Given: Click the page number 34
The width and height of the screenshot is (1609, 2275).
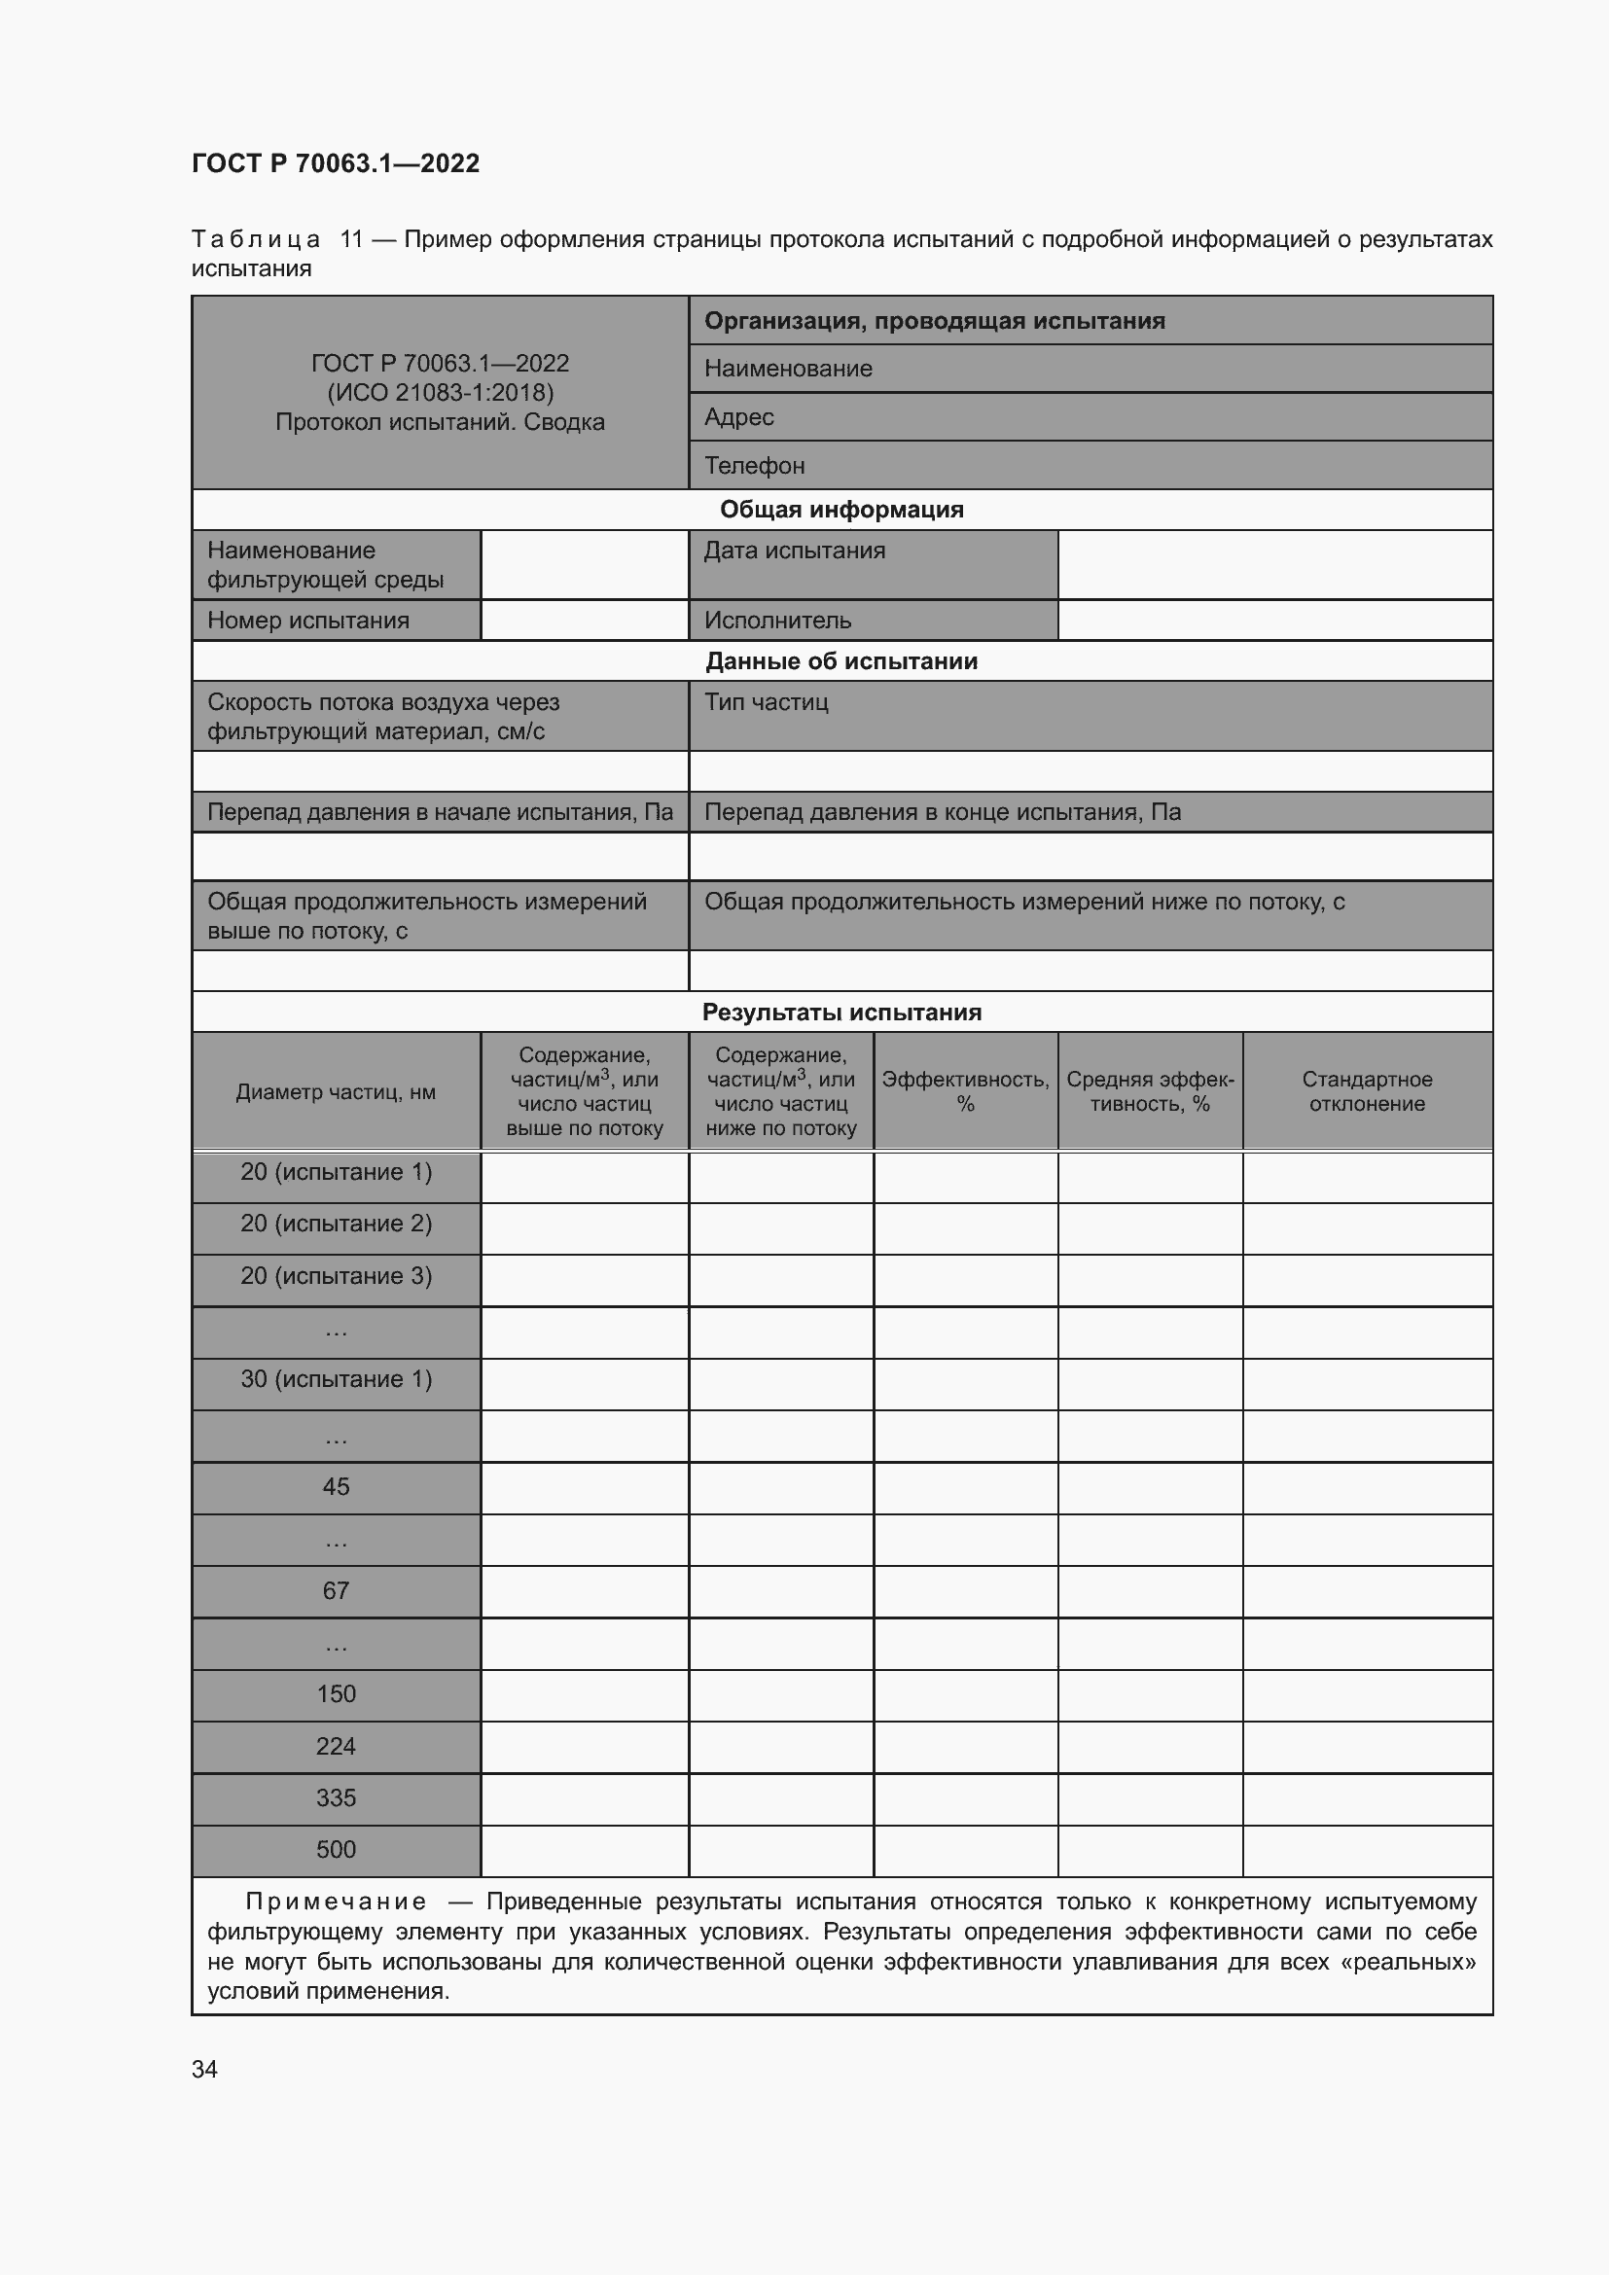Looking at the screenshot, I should click(x=204, y=2069).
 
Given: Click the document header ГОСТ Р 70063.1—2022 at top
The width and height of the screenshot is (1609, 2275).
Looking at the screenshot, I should click(x=335, y=163).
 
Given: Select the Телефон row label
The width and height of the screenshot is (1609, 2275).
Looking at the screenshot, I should click(x=754, y=465).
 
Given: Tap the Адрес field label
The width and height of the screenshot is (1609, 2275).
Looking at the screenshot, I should click(x=738, y=417).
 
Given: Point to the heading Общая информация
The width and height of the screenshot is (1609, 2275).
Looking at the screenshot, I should click(x=841, y=510).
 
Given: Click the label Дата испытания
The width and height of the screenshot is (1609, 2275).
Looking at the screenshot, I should click(x=795, y=551).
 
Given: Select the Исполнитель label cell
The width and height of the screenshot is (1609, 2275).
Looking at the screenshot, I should click(x=778, y=621).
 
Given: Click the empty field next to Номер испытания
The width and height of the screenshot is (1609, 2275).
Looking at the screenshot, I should click(x=584, y=621).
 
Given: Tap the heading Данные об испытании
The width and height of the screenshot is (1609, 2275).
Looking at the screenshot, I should click(x=841, y=660).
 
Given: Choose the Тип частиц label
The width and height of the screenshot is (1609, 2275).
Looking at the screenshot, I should click(x=766, y=702).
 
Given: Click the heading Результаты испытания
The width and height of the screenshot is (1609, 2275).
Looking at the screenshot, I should click(x=841, y=1012).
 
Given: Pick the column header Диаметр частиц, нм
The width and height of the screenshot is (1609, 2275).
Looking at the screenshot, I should click(x=336, y=1092).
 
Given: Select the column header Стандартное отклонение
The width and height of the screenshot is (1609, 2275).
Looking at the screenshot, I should click(x=1366, y=1091).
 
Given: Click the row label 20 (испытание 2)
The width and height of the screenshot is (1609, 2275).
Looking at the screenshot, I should click(x=336, y=1224).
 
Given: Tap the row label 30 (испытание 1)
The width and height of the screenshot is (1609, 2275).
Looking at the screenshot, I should click(x=336, y=1379).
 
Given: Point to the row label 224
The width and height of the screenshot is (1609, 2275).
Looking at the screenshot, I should click(x=336, y=1746).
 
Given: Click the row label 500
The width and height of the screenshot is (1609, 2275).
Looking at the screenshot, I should click(x=336, y=1849).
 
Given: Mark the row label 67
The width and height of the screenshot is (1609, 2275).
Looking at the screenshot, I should click(x=336, y=1590).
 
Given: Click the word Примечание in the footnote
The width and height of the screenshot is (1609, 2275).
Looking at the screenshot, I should click(x=336, y=1902).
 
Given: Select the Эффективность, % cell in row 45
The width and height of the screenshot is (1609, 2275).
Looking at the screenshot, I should click(x=965, y=1487).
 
